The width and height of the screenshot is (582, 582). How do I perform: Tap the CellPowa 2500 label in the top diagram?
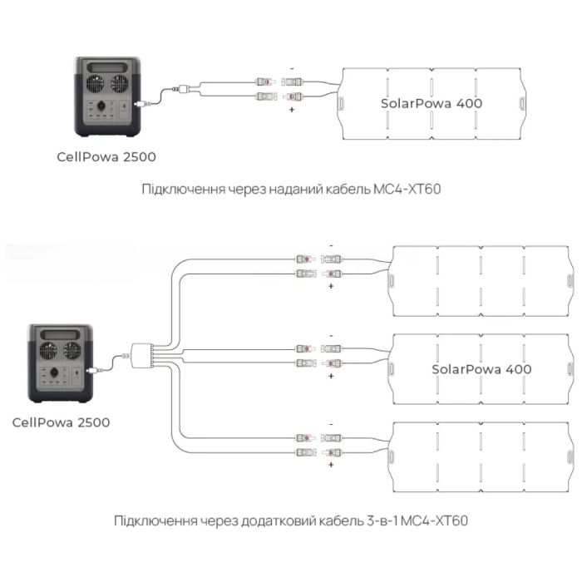pos(106,155)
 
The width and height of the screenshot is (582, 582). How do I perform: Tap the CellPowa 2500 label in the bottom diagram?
pos(61,422)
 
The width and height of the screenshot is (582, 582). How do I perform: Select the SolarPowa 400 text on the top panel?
pos(431,103)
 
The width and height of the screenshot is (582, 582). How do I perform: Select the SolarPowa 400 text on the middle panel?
pos(481,368)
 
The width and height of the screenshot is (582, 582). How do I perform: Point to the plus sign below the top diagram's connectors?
pos(293,110)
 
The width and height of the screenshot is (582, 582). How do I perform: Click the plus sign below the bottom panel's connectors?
pos(331,465)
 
